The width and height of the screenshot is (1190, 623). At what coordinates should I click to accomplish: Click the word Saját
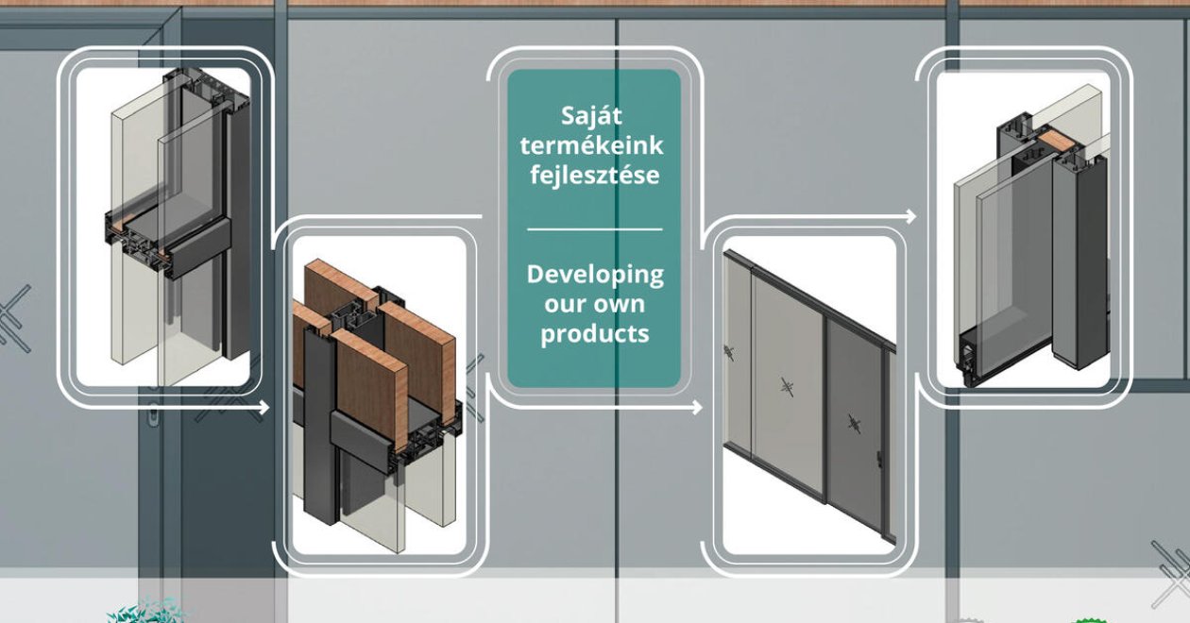(591, 116)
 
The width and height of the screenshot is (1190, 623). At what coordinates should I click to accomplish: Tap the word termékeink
(591, 145)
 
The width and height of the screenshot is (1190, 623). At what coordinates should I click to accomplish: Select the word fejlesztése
(594, 175)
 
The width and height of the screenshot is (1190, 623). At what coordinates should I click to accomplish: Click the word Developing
(595, 275)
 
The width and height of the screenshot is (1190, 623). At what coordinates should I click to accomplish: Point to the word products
(594, 334)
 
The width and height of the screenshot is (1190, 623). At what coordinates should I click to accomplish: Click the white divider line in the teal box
(594, 229)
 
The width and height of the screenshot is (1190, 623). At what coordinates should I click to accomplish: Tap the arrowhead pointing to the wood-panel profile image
(264, 408)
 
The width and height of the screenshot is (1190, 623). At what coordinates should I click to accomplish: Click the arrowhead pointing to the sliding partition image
(697, 408)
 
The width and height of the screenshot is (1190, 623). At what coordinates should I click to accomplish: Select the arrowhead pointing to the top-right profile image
(911, 216)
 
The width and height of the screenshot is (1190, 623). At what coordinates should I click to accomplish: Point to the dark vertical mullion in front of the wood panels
(320, 425)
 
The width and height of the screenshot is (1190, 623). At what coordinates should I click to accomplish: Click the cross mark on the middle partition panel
(787, 387)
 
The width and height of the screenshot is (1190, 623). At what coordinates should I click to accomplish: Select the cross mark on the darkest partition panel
(854, 424)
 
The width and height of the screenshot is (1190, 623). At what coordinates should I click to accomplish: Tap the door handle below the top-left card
(153, 414)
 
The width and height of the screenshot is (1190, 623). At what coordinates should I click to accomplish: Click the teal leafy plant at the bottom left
(147, 611)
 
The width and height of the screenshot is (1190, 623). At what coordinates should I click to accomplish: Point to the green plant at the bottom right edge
(1089, 620)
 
